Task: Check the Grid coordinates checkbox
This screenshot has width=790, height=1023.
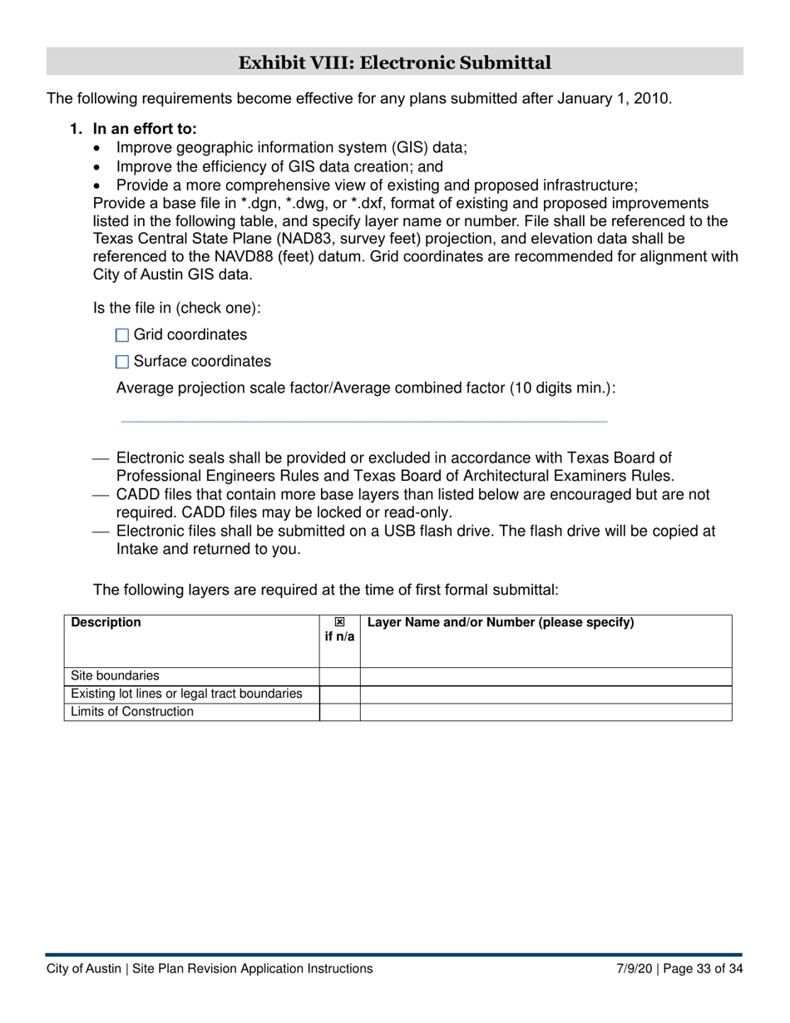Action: (x=122, y=335)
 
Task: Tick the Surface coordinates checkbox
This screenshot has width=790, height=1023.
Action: (x=122, y=362)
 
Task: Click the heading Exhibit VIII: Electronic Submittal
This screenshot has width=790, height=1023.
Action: (x=394, y=62)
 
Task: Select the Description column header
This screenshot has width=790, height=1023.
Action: (x=106, y=622)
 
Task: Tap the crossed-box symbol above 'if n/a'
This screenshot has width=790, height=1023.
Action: (x=339, y=622)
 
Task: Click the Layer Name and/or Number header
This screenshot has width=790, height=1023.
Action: (x=500, y=622)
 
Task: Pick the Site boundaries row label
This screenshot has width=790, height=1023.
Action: (x=116, y=676)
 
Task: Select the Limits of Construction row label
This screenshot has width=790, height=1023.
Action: (x=132, y=712)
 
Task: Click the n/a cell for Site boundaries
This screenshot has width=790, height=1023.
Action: (x=339, y=676)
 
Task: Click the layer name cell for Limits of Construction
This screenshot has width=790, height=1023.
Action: (x=546, y=712)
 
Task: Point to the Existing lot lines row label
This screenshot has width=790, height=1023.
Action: (x=186, y=694)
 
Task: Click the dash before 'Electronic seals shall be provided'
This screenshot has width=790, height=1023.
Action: (x=101, y=458)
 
